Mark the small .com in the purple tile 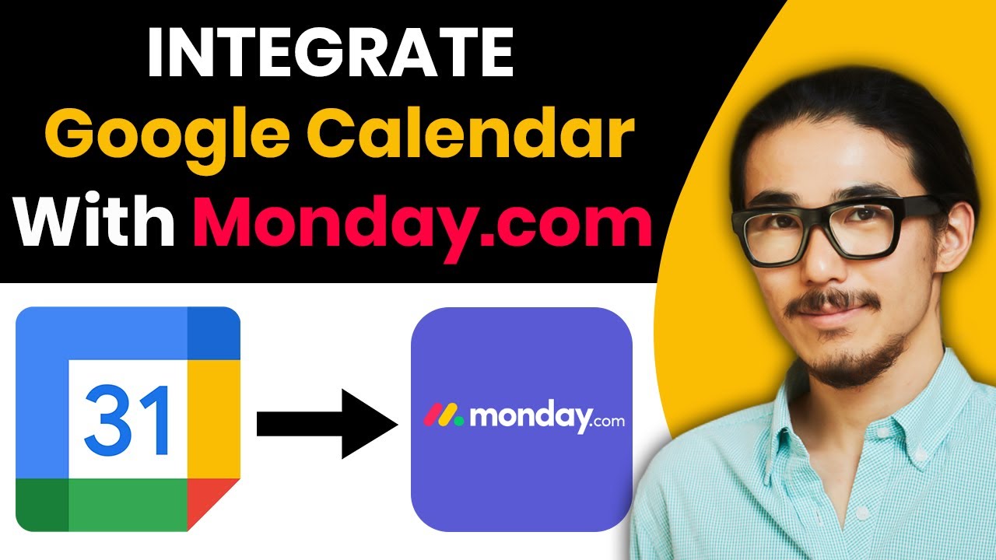point(608,422)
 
